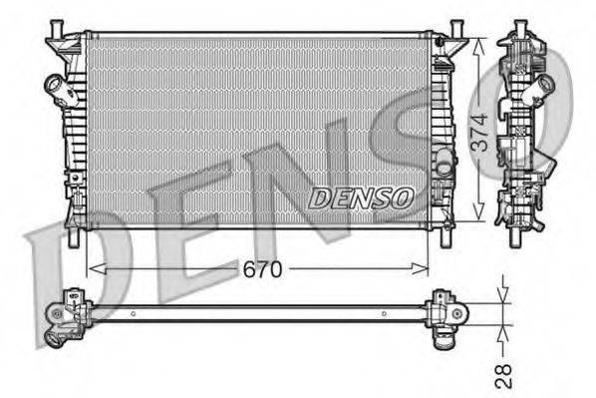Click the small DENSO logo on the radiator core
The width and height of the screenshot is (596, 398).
[x=361, y=198]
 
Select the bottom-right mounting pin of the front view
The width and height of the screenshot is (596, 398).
[x=446, y=239]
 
